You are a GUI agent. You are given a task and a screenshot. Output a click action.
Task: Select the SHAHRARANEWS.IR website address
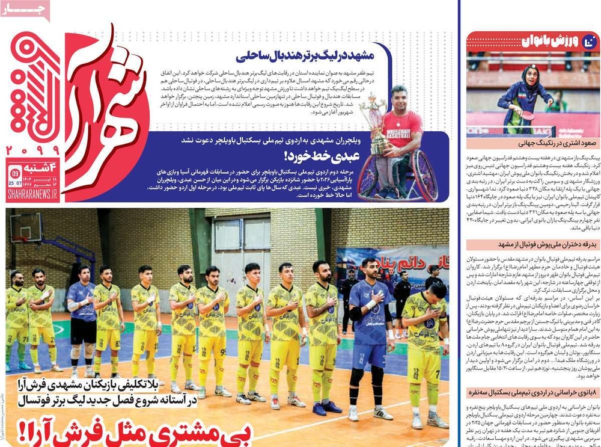coord(32,196)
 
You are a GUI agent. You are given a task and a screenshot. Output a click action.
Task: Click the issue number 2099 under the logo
coord(32,149)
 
